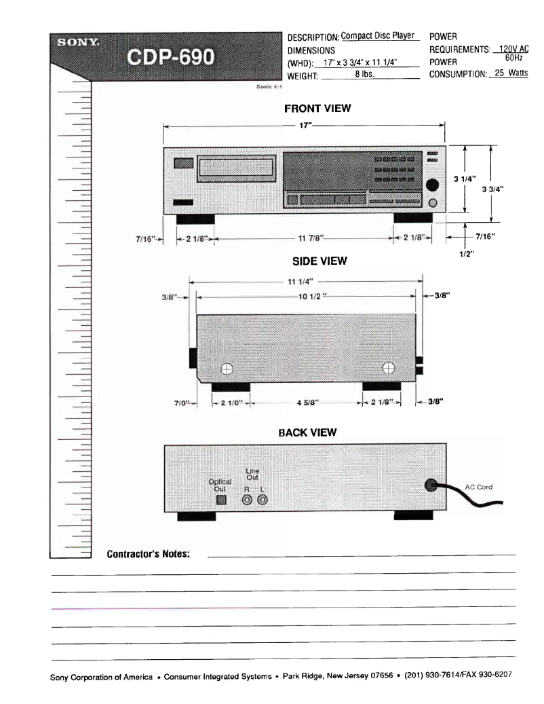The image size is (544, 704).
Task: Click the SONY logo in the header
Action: (x=79, y=43)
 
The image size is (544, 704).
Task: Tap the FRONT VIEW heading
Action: (x=317, y=109)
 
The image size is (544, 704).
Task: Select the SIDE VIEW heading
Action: (x=318, y=261)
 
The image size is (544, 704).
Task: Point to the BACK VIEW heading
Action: (x=307, y=432)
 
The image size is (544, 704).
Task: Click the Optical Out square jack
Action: (x=220, y=500)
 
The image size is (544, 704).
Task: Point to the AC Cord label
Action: (x=478, y=487)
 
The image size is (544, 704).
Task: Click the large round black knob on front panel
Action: (x=431, y=184)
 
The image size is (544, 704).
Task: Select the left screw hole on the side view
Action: (x=227, y=369)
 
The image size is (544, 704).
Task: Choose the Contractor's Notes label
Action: (x=148, y=554)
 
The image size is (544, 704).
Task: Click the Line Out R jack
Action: (x=248, y=500)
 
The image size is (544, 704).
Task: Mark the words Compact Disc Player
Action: (x=377, y=36)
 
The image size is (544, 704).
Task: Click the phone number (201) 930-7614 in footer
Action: (x=431, y=675)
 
